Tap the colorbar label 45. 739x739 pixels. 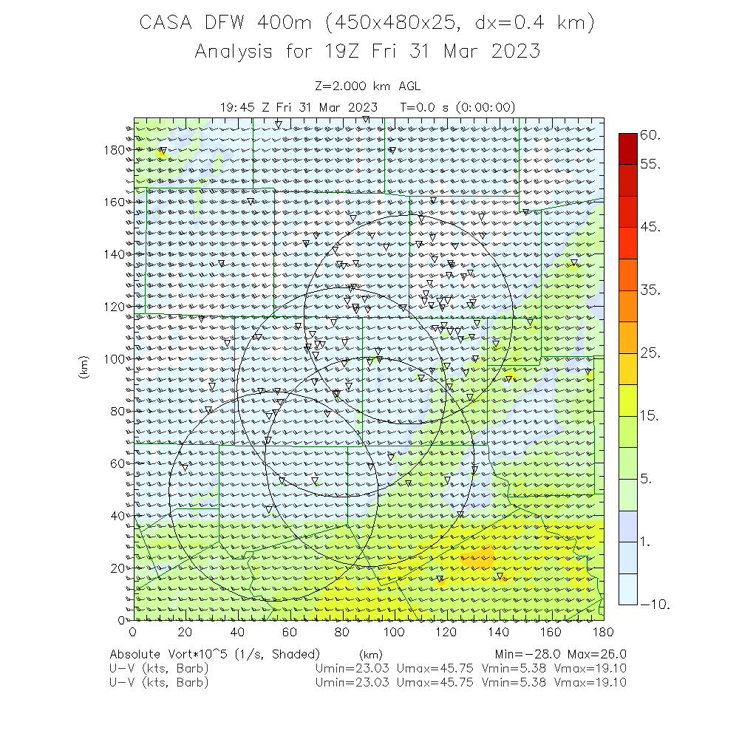click(x=650, y=227)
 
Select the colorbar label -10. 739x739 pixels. click(x=655, y=605)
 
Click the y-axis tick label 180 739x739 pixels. click(x=115, y=149)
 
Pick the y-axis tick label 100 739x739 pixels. click(x=115, y=358)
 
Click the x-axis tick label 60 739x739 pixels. click(x=290, y=632)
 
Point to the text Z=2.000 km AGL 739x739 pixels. click(x=367, y=86)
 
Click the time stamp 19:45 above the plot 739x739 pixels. click(x=237, y=106)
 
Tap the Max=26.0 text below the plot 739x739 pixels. click(x=598, y=654)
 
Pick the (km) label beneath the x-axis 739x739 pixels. click(x=371, y=654)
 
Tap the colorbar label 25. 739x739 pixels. click(x=650, y=353)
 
